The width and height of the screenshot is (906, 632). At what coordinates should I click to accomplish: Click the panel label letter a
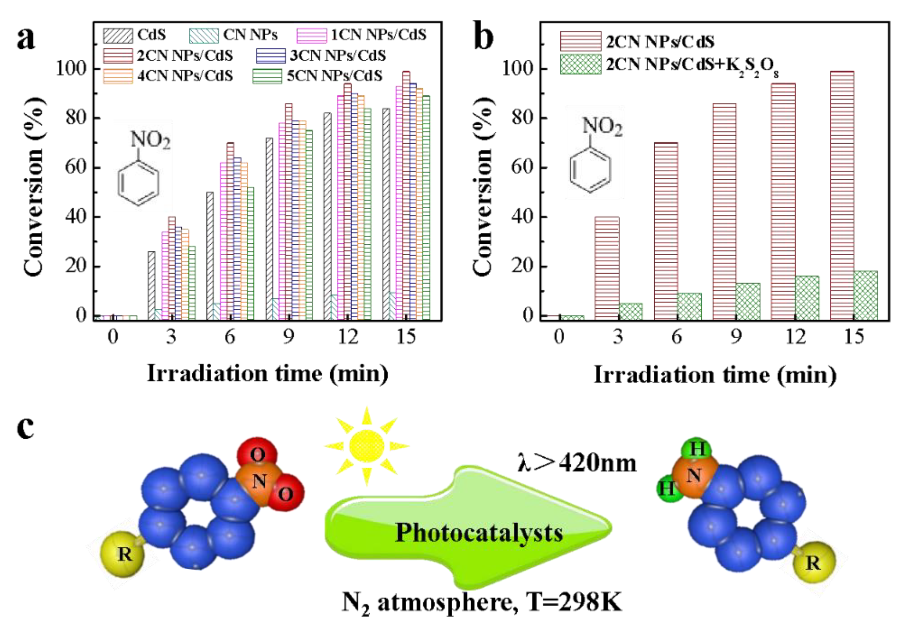point(26,39)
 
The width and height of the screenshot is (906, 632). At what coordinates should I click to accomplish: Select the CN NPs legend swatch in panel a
point(204,35)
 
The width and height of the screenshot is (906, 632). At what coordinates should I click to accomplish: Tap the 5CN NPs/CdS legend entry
point(318,76)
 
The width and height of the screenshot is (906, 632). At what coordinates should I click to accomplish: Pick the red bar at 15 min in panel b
point(842,195)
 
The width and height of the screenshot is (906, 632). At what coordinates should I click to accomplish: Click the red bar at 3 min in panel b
point(607,268)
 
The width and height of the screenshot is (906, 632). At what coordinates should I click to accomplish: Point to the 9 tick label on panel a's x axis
point(289,337)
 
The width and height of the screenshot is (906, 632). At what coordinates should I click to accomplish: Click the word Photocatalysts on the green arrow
point(479,533)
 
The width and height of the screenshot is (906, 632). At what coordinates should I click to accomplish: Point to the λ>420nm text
point(577,463)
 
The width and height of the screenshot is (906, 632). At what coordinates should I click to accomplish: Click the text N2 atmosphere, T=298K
point(482,602)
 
